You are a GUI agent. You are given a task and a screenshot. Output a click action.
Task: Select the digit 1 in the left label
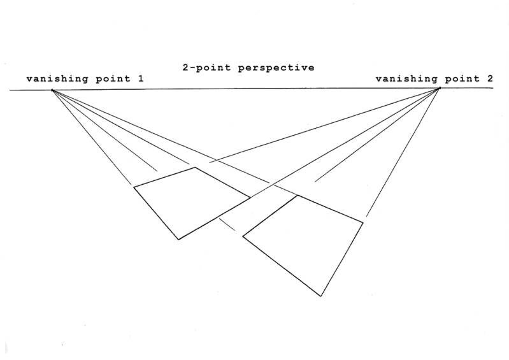[140, 79]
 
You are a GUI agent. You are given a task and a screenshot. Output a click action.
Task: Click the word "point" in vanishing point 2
[459, 79]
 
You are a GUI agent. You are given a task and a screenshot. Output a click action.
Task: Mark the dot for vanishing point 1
[53, 90]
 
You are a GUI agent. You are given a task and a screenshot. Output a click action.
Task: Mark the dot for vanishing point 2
[440, 88]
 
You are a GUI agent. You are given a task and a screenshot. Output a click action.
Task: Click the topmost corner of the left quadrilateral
[196, 168]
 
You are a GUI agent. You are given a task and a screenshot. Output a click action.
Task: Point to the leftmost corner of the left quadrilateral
[133, 187]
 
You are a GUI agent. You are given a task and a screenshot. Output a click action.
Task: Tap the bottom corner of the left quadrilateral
[178, 240]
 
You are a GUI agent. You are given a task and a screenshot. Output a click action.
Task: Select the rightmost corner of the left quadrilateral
[250, 197]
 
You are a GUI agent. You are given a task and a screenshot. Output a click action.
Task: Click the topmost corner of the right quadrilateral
[297, 195]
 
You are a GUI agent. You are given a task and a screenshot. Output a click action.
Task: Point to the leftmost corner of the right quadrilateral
[243, 236]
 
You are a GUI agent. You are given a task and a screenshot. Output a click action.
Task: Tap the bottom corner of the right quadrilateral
[321, 296]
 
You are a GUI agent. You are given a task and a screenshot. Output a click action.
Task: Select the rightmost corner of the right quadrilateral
[363, 222]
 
